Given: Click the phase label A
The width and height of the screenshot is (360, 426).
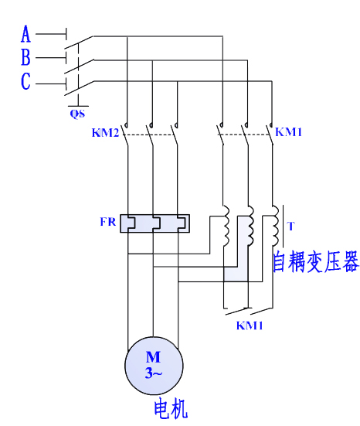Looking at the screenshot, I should pos(25,35).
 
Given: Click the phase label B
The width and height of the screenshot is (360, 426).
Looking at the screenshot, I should pos(25,57).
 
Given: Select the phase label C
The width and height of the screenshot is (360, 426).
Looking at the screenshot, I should pos(25,81).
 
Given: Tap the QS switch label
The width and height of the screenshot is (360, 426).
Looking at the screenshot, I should pos(77,114).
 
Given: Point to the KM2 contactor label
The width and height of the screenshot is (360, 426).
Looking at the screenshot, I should pos(105,133).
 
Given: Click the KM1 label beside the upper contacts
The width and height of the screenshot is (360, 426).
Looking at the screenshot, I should pos(288,132).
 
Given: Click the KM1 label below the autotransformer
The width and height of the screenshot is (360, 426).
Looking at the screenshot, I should pos(250,325).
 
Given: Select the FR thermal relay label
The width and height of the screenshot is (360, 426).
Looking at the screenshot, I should pos(109,222).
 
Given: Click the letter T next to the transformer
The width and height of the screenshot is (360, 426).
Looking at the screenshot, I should pos(290,226).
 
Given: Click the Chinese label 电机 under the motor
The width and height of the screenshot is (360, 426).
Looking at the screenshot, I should pos(170,407).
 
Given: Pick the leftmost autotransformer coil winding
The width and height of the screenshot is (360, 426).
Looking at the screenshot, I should pos(226,226).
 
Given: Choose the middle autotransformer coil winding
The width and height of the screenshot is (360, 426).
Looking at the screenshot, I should pos(250,226).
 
